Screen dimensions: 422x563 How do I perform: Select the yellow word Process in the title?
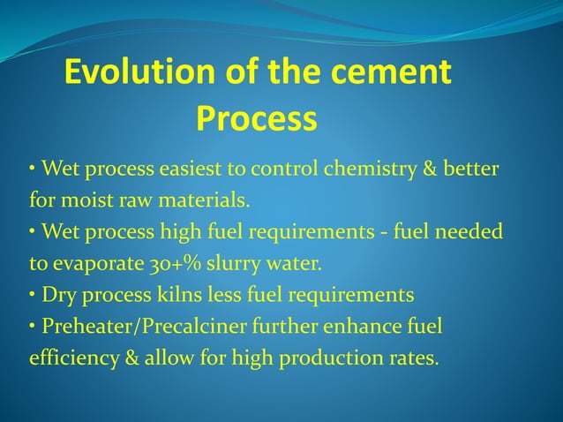256,118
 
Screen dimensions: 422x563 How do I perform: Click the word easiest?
193,168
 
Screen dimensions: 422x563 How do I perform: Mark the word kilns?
166,295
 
